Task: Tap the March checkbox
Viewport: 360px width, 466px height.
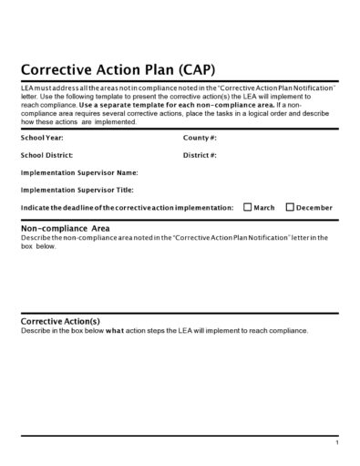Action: (248, 207)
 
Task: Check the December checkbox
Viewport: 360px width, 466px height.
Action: (290, 207)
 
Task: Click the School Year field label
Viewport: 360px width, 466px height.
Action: (42, 138)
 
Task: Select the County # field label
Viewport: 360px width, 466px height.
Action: (200, 138)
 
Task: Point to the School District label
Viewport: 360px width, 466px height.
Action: (47, 155)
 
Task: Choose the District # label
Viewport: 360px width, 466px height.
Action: (200, 155)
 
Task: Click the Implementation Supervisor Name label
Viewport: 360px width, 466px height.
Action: (79, 172)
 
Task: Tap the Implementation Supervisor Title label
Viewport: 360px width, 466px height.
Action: (77, 190)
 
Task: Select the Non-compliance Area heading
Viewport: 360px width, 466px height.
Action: (66, 228)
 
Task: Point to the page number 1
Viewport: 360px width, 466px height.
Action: (336, 442)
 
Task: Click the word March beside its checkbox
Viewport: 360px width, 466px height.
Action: (264, 208)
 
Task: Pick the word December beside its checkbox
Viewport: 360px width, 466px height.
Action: (314, 208)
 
